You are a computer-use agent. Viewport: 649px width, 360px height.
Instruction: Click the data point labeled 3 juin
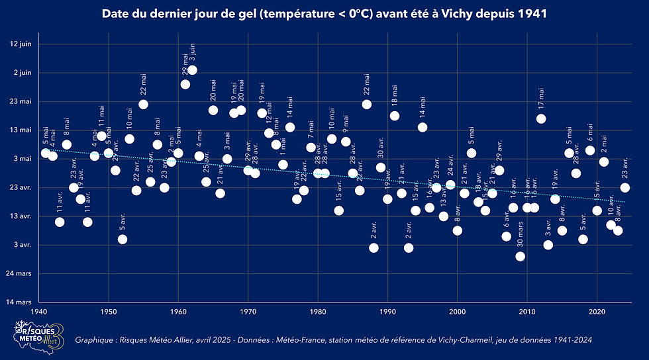click(192, 70)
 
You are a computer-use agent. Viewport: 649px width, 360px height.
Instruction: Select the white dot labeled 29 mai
click(185, 84)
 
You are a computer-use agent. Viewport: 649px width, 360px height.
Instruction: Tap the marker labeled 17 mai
click(541, 119)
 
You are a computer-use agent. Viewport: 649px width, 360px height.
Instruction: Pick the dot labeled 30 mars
click(520, 256)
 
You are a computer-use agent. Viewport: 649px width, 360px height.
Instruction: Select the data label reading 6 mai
click(590, 132)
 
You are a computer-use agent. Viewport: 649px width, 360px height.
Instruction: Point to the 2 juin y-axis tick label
click(23, 72)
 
